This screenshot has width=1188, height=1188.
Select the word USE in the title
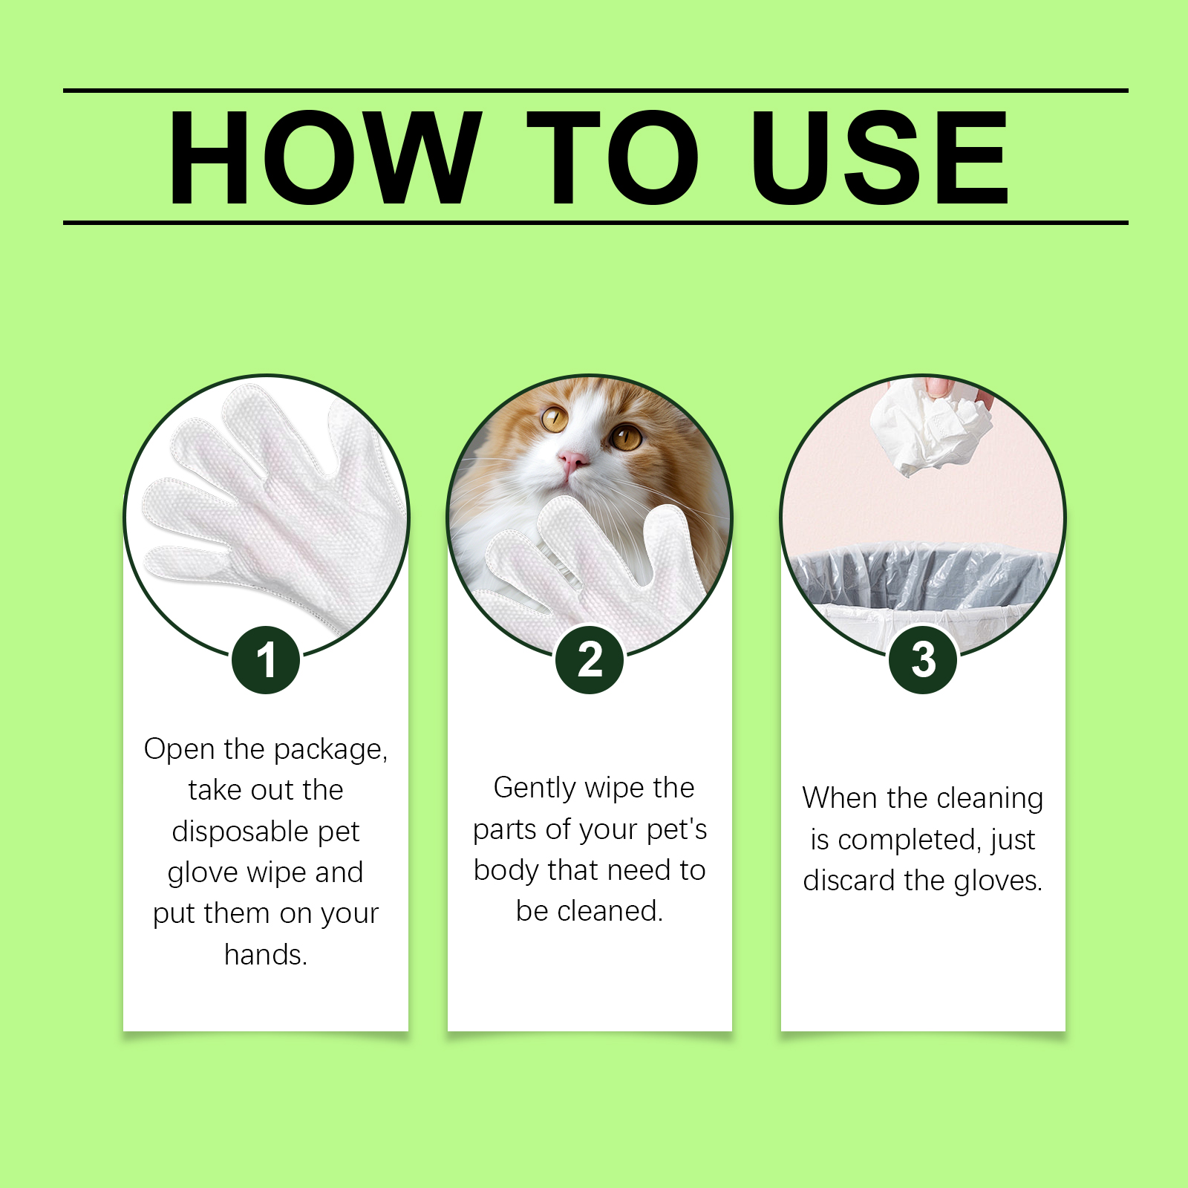879,157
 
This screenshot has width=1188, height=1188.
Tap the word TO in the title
613,157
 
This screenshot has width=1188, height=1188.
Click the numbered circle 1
266,660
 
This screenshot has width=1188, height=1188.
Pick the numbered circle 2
590,660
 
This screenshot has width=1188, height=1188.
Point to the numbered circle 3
923,660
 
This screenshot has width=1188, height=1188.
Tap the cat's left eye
554,419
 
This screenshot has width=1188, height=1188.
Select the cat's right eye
626,437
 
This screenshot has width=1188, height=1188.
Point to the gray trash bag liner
921,575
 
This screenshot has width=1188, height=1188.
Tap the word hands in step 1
265,954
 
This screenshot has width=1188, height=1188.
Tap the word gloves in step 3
998,881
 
